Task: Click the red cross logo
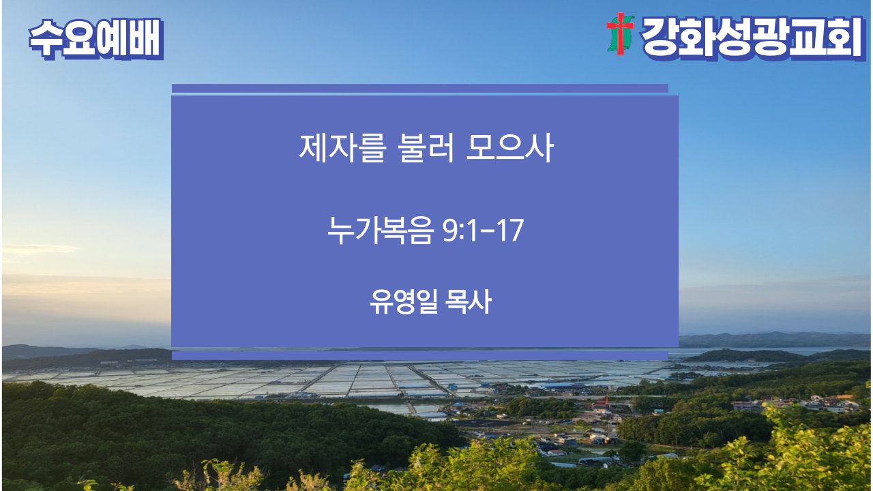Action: tap(620, 33)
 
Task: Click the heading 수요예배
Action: tap(96, 39)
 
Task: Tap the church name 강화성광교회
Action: tap(753, 38)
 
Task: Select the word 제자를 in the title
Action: tap(342, 148)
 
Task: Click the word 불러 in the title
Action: tap(426, 148)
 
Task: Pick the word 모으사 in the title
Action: tap(509, 148)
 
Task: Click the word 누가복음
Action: tap(381, 230)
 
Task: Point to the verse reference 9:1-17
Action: tap(484, 230)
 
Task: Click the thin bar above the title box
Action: tap(419, 88)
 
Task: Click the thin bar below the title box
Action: tap(419, 355)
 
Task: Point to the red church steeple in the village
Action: tap(606, 402)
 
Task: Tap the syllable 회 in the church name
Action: tap(843, 38)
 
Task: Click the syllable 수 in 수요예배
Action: tap(45, 39)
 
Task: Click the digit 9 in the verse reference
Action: tap(450, 230)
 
